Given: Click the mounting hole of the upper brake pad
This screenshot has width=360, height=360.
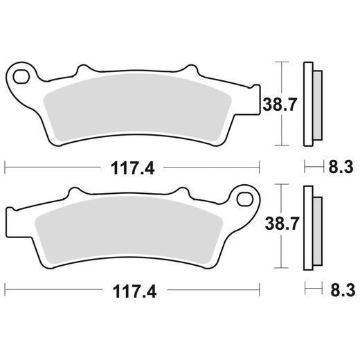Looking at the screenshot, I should point(21,74).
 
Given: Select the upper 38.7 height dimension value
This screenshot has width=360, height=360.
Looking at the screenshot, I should point(272,105).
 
